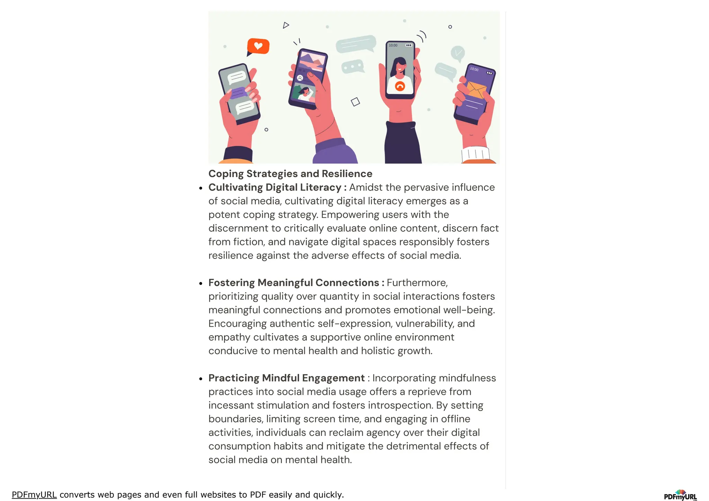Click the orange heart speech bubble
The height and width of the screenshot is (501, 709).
pyautogui.click(x=258, y=46)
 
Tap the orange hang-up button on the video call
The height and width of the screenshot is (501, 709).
pyautogui.click(x=400, y=86)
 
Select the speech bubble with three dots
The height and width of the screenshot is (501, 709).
pyautogui.click(x=352, y=66)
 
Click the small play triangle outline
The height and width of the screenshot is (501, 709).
pyautogui.click(x=286, y=25)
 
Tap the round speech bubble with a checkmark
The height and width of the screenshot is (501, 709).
pyautogui.click(x=458, y=53)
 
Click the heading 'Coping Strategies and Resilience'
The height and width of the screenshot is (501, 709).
pyautogui.click(x=290, y=174)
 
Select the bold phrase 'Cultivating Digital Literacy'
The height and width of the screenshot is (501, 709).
pyautogui.click(x=275, y=188)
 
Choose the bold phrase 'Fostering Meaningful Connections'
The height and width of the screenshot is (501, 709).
pyautogui.click(x=294, y=283)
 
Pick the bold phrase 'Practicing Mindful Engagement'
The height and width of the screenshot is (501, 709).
pyautogui.click(x=286, y=378)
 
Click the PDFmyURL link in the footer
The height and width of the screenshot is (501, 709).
pyautogui.click(x=34, y=495)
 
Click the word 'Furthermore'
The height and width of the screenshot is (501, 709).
pyautogui.click(x=417, y=283)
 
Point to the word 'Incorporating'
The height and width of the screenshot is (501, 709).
pyautogui.click(x=401, y=378)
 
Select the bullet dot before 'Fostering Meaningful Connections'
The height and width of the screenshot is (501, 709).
pyautogui.click(x=201, y=283)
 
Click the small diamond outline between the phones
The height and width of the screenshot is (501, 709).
pyautogui.click(x=356, y=102)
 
